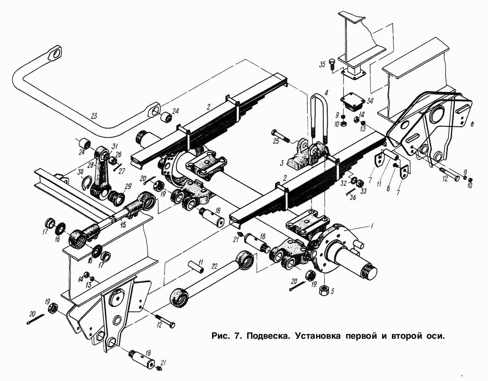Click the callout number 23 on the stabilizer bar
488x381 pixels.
coord(94,116)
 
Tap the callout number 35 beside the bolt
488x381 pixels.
coord(322,64)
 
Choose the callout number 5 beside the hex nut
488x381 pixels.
coord(332,292)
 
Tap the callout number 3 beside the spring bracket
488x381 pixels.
coord(281,163)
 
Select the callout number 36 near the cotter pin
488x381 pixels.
coord(353,198)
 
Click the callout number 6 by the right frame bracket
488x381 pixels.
coord(472,124)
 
